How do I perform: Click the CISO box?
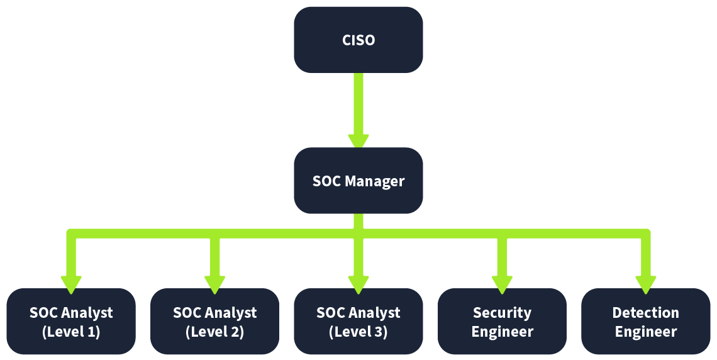coord(358,40)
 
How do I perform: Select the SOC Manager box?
coord(358,181)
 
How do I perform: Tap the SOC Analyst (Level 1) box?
coord(71,322)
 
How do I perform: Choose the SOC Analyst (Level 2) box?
coord(214,322)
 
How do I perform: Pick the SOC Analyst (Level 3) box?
coord(358,322)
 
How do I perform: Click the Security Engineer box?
coord(502,322)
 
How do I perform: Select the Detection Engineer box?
coord(645,322)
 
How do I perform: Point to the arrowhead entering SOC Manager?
coord(358,140)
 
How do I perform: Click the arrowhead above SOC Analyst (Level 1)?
coord(71,283)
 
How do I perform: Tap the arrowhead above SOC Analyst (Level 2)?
coord(215,283)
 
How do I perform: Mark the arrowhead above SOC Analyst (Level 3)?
coord(358,283)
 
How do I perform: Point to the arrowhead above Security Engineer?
coord(502,283)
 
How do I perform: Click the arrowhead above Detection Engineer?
coord(645,283)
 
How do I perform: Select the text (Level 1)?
coord(71,332)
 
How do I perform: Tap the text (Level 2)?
coord(214,332)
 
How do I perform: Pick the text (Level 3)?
coord(358,332)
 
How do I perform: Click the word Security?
coord(502,313)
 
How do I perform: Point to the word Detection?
coord(645,313)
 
